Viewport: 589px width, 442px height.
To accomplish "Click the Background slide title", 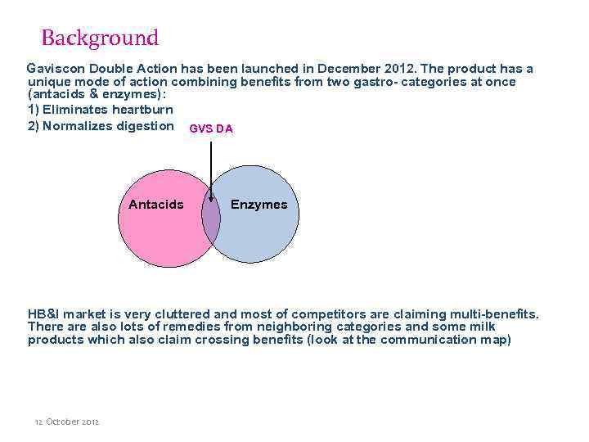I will tap(99, 38).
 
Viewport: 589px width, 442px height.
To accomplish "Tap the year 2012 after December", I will tap(401, 68).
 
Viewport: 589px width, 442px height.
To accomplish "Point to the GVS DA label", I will tap(211, 129).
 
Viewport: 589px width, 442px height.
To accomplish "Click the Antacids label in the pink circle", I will tap(155, 204).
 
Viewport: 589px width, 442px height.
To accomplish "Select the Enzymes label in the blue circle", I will tap(259, 204).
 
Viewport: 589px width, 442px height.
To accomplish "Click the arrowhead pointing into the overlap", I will tap(211, 200).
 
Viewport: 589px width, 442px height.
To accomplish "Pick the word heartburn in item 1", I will tap(142, 110).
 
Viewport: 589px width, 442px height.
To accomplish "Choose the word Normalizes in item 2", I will tap(75, 125).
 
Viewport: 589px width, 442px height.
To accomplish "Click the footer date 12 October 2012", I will tap(66, 422).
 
